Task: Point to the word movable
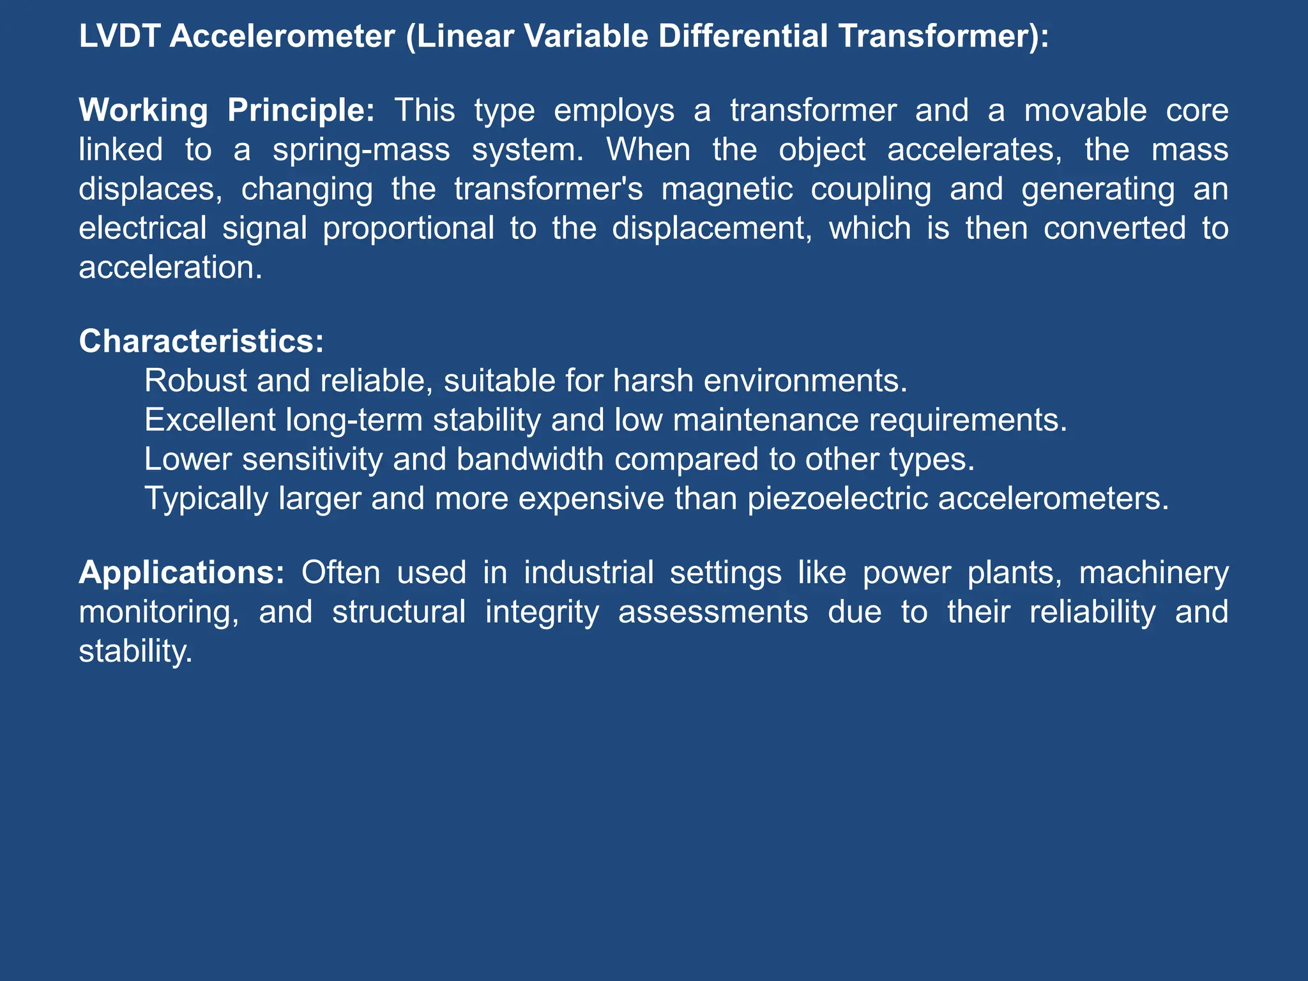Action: point(1085,110)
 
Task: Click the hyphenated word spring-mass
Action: point(361,149)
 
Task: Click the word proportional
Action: point(408,228)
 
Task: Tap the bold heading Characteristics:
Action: point(201,341)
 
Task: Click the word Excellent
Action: point(211,420)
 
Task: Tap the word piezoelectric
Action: point(837,498)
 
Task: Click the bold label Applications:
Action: point(181,572)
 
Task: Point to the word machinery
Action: point(1153,572)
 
